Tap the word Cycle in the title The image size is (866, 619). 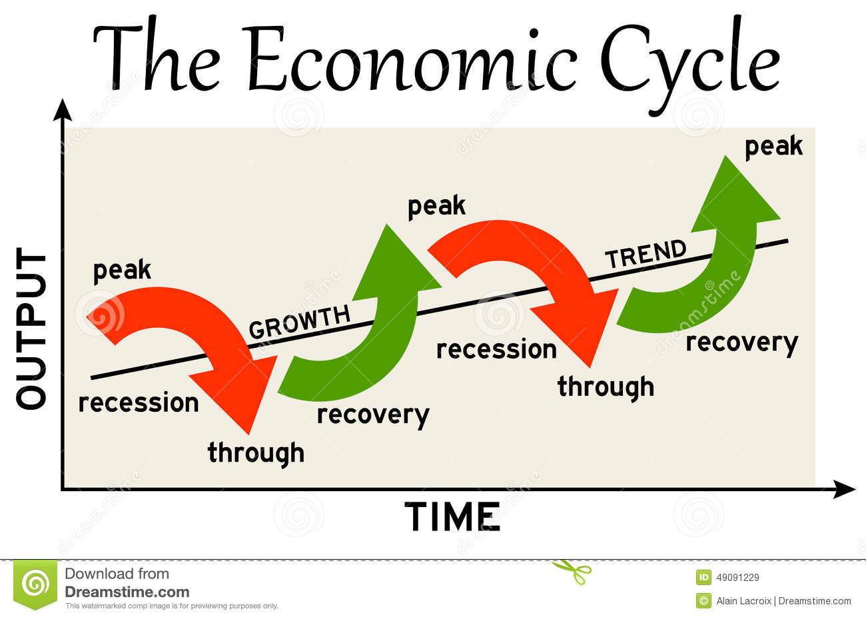coord(690,66)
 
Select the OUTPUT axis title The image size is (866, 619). coord(31,328)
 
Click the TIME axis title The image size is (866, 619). coord(452,516)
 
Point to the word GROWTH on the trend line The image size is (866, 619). coord(300,322)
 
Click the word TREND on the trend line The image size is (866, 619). coord(646,253)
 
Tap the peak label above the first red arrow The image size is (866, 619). coord(122,271)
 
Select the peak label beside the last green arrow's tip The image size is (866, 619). coord(774,147)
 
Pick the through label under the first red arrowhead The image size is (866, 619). coord(256,453)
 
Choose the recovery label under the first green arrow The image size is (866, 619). coord(373,416)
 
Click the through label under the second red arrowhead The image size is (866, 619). coord(606,387)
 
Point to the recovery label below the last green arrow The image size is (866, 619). coord(742,343)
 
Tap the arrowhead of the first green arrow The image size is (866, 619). coord(394,267)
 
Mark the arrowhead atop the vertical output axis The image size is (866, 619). coord(62,109)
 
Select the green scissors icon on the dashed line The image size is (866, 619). coord(573,571)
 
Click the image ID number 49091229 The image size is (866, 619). coord(737,578)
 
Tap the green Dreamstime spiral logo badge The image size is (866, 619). coord(35,584)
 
